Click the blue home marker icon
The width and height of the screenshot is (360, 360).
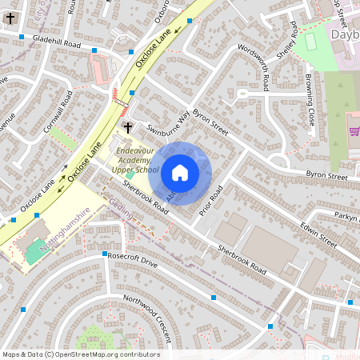180,172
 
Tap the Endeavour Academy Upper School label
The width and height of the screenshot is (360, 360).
135,160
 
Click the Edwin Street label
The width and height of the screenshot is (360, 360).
318,232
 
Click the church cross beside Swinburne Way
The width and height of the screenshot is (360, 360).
128,128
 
